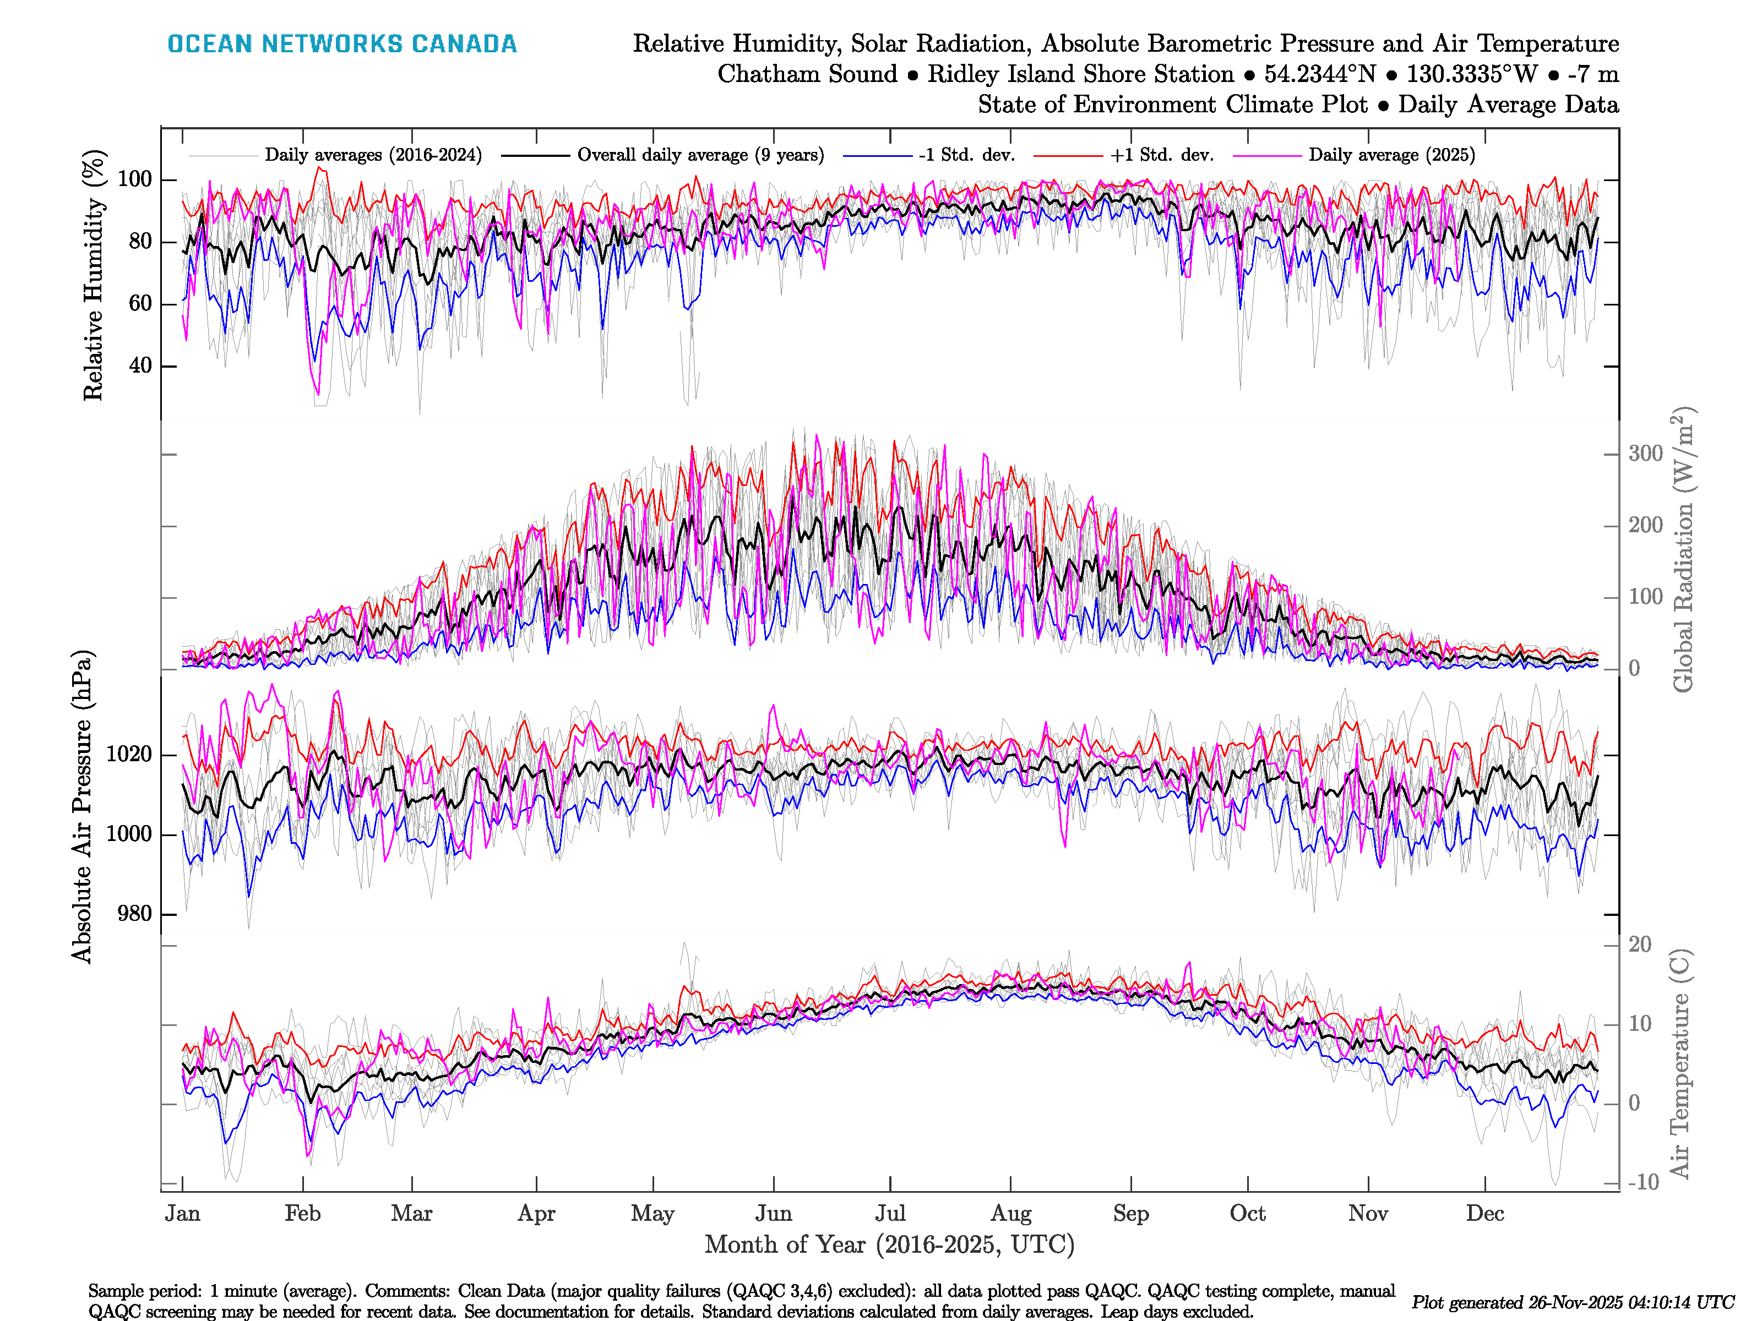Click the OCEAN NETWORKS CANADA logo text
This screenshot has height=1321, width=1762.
click(342, 44)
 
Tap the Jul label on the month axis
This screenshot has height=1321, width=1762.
click(890, 1214)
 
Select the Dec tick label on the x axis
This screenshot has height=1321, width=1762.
click(1485, 1214)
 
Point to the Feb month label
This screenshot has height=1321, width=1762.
click(303, 1214)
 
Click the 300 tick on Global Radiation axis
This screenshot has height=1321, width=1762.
click(1645, 454)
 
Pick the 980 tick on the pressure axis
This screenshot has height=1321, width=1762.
click(134, 913)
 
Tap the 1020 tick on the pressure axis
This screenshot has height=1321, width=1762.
click(128, 754)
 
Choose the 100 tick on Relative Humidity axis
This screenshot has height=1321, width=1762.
click(134, 179)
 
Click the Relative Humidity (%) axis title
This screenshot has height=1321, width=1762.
click(94, 275)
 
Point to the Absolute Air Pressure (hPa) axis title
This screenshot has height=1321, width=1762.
click(82, 806)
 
